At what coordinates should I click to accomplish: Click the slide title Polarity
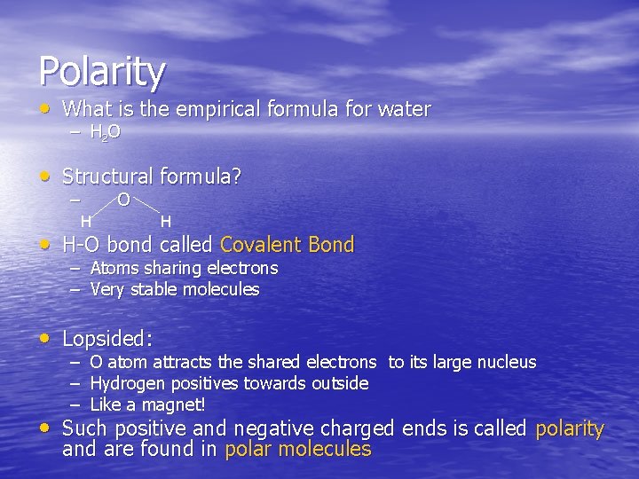(x=101, y=71)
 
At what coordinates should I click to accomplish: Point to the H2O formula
(x=106, y=133)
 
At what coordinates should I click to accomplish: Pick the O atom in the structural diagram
(x=124, y=200)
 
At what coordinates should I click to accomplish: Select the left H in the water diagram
(x=85, y=220)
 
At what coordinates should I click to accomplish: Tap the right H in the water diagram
(x=166, y=220)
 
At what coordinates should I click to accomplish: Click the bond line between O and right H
(x=146, y=209)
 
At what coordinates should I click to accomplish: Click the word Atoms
(x=114, y=268)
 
